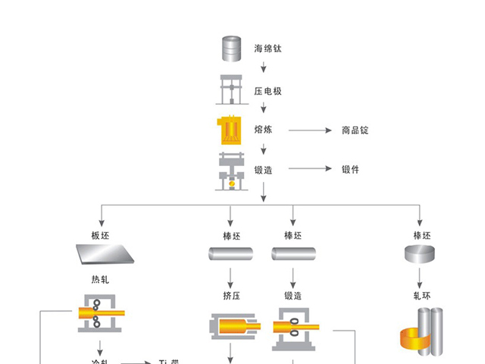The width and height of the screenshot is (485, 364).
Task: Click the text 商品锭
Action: point(355,130)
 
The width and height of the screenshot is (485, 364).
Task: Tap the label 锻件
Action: point(350,169)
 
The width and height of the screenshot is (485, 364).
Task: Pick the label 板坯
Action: point(101,235)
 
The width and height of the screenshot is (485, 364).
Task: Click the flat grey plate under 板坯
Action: point(102,255)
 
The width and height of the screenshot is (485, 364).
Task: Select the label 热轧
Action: point(101,279)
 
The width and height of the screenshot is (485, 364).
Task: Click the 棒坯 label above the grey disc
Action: point(422,235)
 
